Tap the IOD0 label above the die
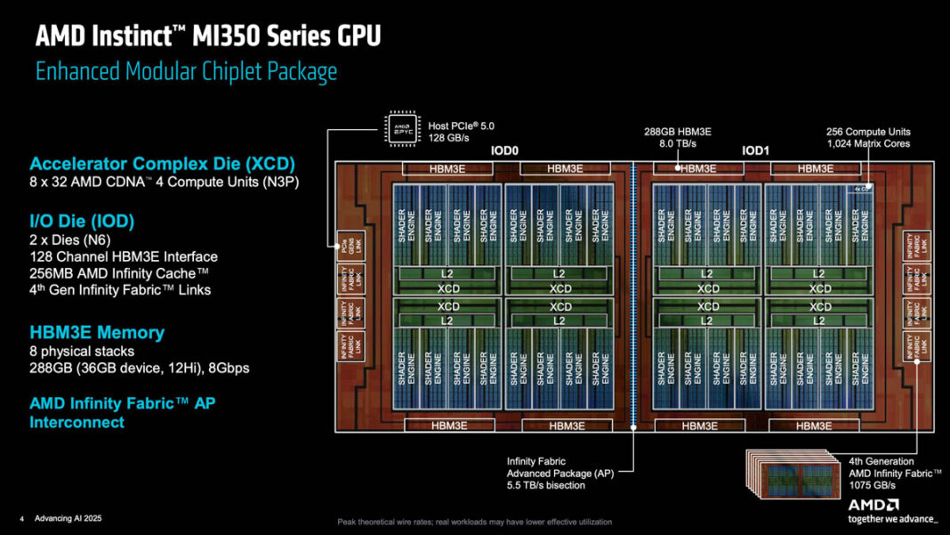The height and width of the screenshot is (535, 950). point(503,150)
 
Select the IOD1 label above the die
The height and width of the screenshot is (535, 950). point(755,150)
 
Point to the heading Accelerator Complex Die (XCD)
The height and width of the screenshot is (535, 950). point(162,165)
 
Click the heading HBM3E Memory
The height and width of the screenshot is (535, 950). point(97,332)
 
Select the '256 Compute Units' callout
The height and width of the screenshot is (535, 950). point(867,132)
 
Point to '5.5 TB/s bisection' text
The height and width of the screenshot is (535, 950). point(545,485)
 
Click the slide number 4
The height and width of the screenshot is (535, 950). point(21,518)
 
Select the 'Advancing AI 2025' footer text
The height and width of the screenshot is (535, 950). point(68,518)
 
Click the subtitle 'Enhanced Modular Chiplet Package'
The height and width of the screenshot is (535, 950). point(186,72)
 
